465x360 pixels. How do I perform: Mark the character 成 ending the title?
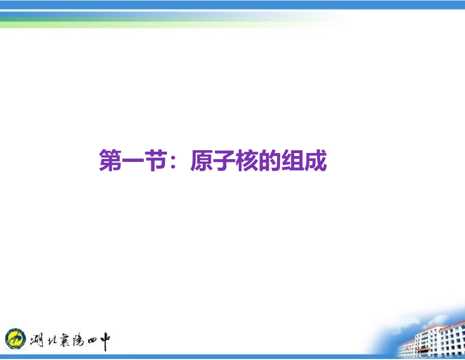tap(315, 161)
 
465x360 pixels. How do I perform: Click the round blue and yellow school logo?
tap(16, 338)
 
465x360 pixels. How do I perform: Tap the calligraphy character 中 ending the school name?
tap(104, 339)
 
